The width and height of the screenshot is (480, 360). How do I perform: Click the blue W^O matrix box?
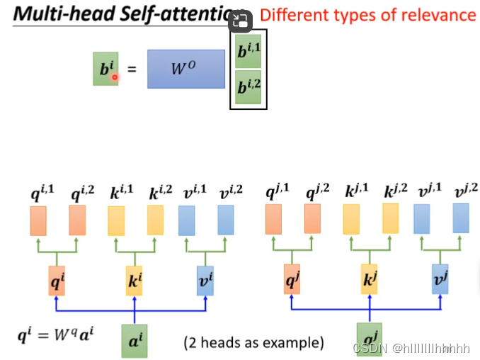click(186, 69)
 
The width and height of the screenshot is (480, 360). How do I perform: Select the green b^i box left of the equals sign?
click(105, 69)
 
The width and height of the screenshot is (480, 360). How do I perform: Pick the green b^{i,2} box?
click(248, 89)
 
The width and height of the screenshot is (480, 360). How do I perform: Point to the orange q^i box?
click(57, 281)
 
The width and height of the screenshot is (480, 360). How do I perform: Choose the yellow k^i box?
click(135, 281)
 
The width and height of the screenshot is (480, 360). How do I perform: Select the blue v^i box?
click(205, 281)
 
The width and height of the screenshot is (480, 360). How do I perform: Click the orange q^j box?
click(292, 281)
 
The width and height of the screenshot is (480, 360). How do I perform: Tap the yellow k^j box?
click(370, 281)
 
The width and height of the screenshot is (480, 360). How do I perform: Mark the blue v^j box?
click(440, 281)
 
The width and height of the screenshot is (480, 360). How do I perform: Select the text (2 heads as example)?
click(253, 343)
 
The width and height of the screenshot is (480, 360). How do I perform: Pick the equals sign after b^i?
click(131, 69)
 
